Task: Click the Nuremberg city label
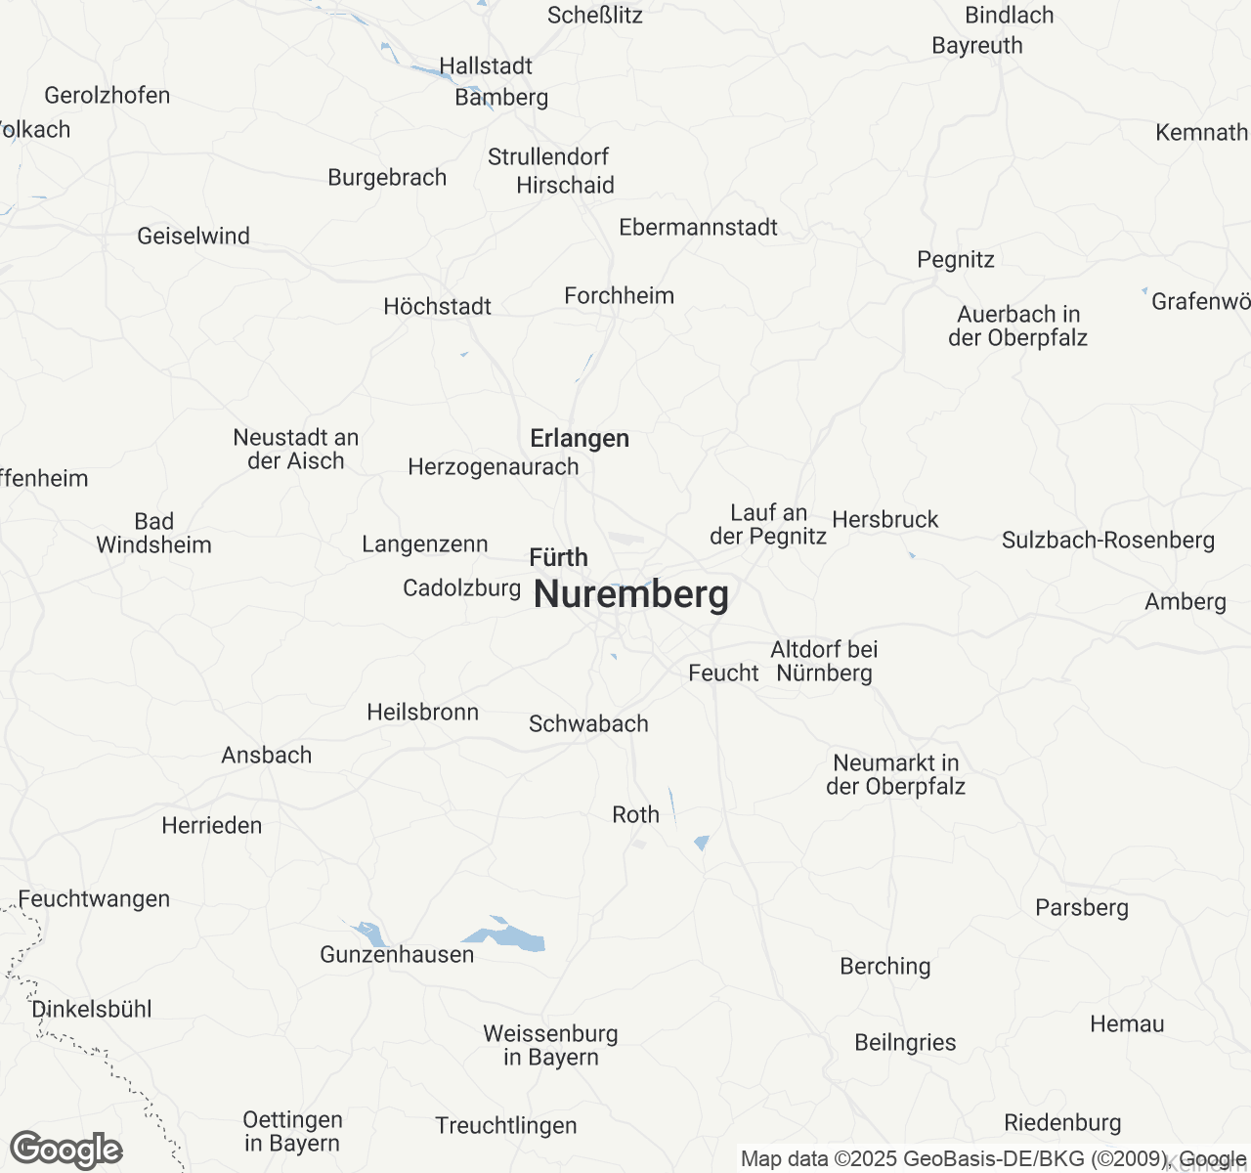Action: (631, 594)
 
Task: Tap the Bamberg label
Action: (501, 98)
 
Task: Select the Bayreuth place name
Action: (977, 46)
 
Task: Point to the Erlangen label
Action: (580, 439)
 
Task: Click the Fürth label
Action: (559, 558)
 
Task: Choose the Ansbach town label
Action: (267, 756)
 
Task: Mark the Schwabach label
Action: (588, 724)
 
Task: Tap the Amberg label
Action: (1186, 602)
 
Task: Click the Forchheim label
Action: (620, 296)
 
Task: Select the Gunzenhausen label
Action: (397, 955)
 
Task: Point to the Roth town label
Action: (635, 815)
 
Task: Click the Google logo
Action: (65, 1150)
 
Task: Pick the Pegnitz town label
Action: (956, 260)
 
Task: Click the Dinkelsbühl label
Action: (92, 1010)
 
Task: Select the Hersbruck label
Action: (885, 520)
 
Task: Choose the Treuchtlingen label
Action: (506, 1126)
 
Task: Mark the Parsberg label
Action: (1082, 908)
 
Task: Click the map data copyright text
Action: (992, 1159)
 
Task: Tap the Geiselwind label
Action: (194, 237)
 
